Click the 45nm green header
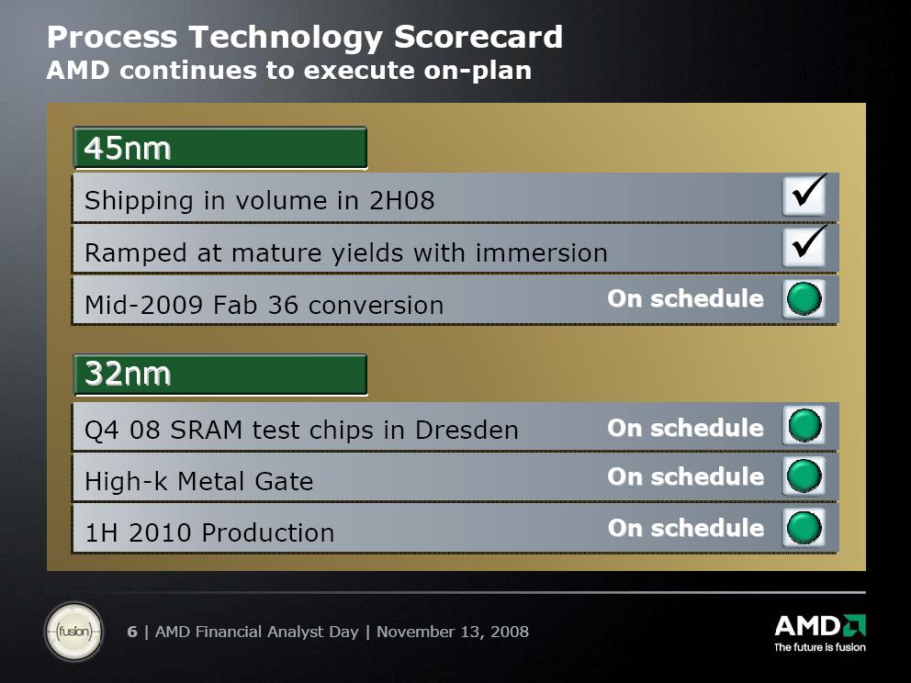coord(220,148)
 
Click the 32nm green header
coord(220,375)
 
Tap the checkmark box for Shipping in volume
coord(804,196)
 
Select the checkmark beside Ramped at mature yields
coord(804,246)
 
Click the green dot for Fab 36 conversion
coord(804,299)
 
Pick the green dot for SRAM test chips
coord(804,426)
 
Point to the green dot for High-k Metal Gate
coord(804,476)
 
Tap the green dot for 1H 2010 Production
coord(804,528)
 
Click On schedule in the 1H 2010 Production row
coord(686,528)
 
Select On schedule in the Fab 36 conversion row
coord(686,298)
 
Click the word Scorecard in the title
coord(478,37)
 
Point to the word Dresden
coord(467,431)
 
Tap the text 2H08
coord(402,201)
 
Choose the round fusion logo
coord(73,632)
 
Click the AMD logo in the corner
coord(820,626)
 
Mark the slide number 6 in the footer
coord(132,632)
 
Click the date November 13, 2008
coord(453,632)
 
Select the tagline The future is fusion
coord(820,647)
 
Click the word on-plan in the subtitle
coord(478,71)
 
